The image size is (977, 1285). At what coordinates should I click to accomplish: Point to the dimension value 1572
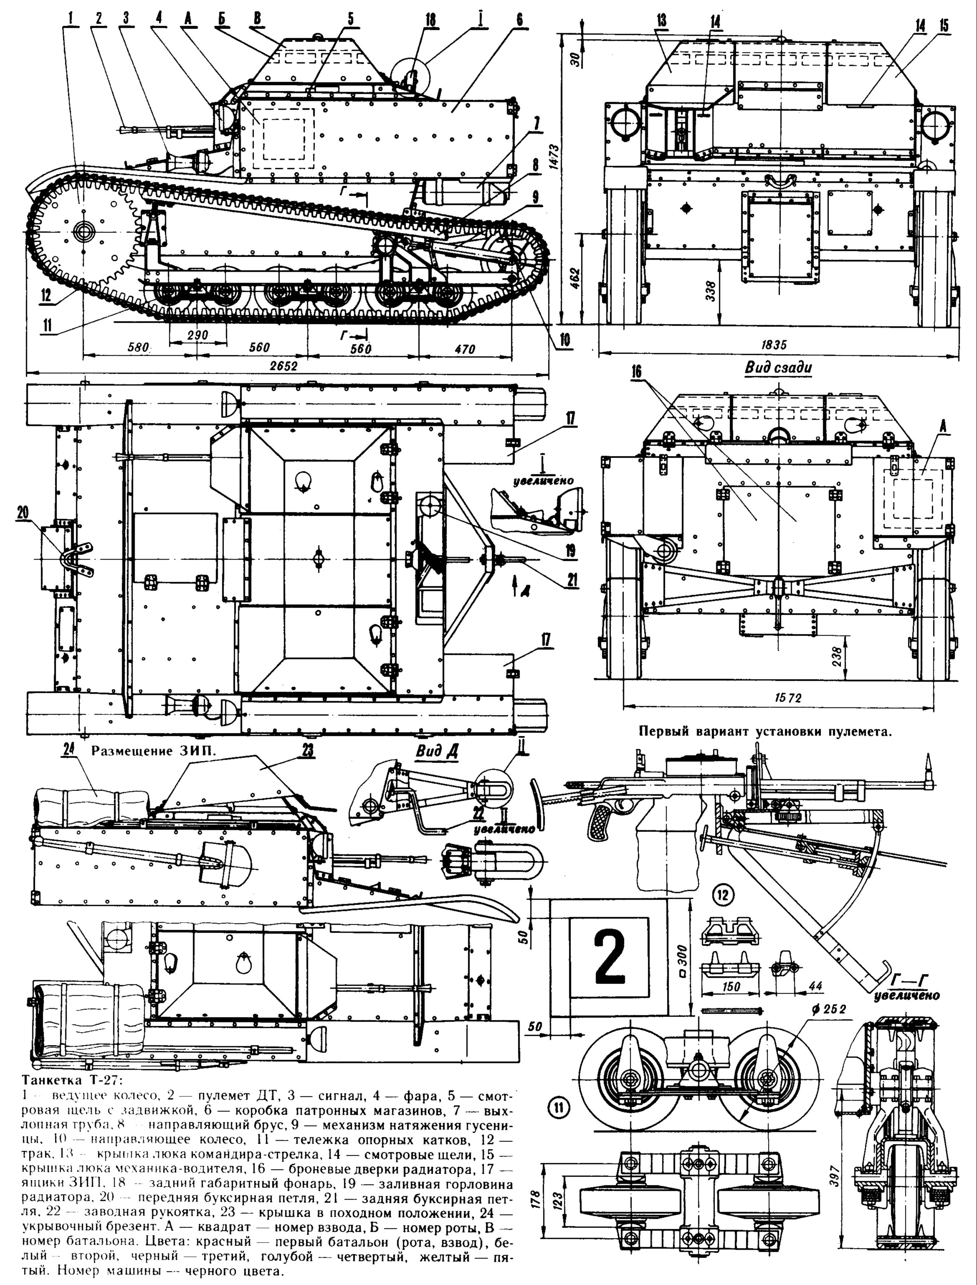[788, 698]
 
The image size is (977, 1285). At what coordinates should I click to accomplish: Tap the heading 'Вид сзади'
[777, 368]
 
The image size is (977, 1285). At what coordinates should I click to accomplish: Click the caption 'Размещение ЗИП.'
[154, 751]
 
